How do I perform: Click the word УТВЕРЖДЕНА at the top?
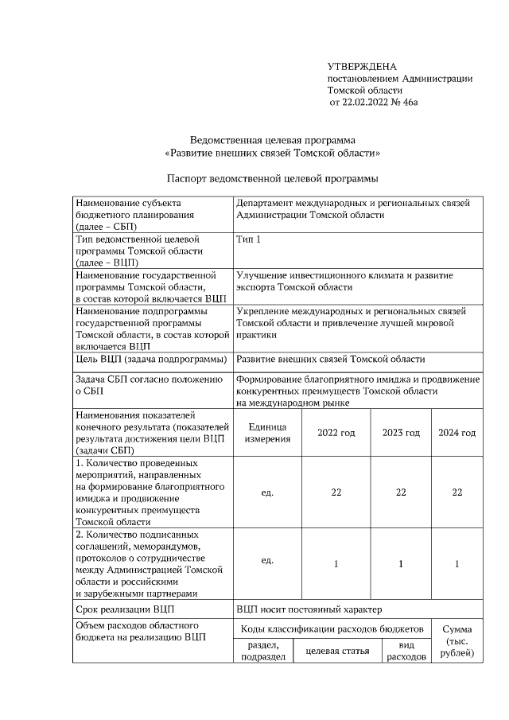[362, 66]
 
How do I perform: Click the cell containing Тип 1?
[248, 239]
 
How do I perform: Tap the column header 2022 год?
[336, 433]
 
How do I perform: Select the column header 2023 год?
[401, 433]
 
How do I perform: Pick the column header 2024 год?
[457, 433]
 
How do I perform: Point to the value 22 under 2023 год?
[401, 492]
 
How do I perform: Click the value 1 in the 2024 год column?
[457, 564]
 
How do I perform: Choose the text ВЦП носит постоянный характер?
[309, 610]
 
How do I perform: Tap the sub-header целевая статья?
[332, 652]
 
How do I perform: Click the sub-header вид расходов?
[406, 652]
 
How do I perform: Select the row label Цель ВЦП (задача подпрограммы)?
[150, 360]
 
